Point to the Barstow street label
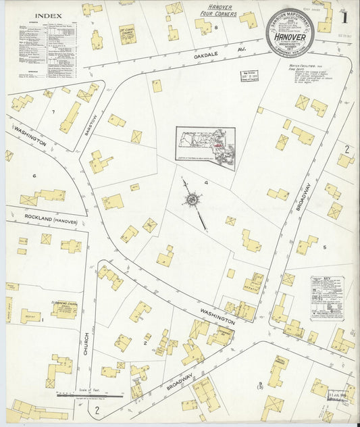tap(86, 126)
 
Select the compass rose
tap(192, 200)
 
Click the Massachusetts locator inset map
tap(205, 147)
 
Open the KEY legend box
tap(327, 298)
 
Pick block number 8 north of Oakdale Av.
tap(215, 28)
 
